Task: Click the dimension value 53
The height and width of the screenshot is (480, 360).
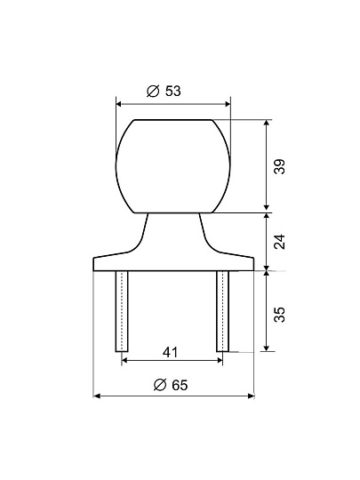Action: pyautogui.click(x=173, y=91)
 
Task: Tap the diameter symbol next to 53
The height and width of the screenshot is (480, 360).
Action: pyautogui.click(x=153, y=91)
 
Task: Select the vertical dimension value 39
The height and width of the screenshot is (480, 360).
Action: pyautogui.click(x=279, y=166)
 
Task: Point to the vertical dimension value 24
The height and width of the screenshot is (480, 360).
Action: pyautogui.click(x=279, y=242)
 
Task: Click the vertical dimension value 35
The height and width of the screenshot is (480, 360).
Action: pyautogui.click(x=279, y=315)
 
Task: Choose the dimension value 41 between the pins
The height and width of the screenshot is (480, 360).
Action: pyautogui.click(x=170, y=352)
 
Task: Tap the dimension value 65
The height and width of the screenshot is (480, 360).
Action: pyautogui.click(x=180, y=385)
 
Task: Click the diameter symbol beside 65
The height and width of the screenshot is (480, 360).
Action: pyautogui.click(x=160, y=385)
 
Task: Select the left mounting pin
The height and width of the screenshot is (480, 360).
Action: pyautogui.click(x=122, y=311)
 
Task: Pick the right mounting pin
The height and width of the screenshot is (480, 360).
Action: pyautogui.click(x=222, y=311)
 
